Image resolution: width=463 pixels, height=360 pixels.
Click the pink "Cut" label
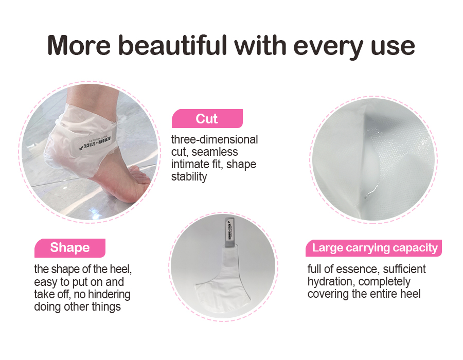coord(207,119)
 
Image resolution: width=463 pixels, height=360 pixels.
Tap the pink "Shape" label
coord(69,248)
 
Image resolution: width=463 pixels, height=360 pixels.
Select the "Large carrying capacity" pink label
coord(375,248)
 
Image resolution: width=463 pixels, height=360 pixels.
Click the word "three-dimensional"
coord(215,140)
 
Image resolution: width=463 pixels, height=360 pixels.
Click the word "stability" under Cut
coord(189,177)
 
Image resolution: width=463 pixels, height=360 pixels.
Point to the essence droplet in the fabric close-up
coord(367,194)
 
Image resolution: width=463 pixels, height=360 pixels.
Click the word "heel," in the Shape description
coord(126,269)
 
